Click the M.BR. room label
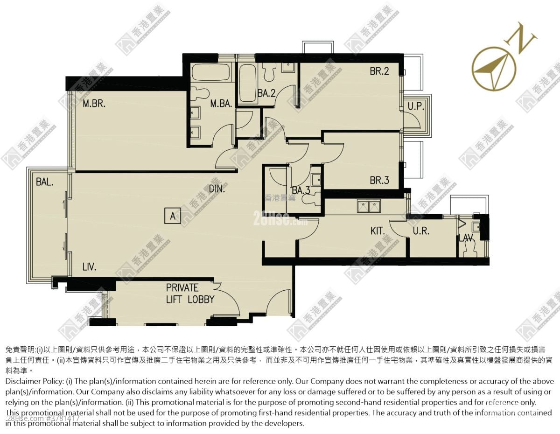pos(94,104)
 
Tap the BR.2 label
pos(379,71)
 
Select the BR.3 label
pos(379,180)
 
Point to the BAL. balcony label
pos(45,182)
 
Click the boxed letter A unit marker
pos(172,216)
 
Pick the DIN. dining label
pos(217,189)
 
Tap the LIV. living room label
pos(90,267)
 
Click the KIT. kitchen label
pos(378,231)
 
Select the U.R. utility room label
pos(421,231)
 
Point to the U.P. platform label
pos(416,106)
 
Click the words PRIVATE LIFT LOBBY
pos(190,294)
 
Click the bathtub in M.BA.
pos(211,72)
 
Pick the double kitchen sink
pos(369,206)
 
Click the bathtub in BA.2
pos(247,83)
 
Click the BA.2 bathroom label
pos(266,93)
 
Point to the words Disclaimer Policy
pos(34,381)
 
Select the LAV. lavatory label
pos(467,238)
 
